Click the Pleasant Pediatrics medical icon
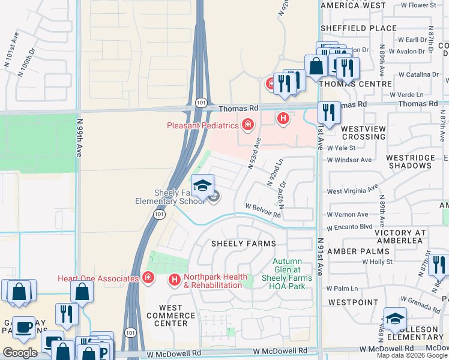247,125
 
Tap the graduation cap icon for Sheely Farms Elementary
203,185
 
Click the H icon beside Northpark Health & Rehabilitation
175,280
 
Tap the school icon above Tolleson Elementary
395,319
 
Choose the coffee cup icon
23,328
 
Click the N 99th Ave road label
79,137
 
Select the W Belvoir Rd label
263,209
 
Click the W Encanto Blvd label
349,228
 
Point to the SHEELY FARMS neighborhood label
243,244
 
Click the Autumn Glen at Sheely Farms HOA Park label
292,274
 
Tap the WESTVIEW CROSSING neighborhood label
363,133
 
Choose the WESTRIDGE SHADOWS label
410,161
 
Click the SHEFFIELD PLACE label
358,28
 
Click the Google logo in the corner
20,353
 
